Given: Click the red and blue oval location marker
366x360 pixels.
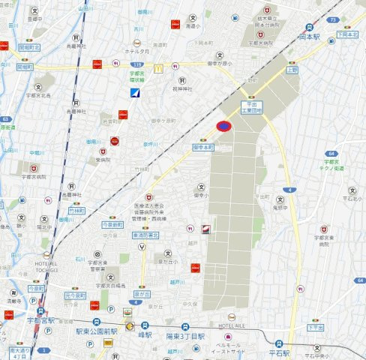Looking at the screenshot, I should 223,127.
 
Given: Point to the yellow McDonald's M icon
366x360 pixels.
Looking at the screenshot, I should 159,67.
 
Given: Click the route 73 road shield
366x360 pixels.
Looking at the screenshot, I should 332,20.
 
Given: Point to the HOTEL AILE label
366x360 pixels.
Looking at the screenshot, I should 232,325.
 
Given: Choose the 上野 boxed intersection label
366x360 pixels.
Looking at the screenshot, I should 292,67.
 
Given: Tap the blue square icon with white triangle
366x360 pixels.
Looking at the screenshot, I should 135,93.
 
